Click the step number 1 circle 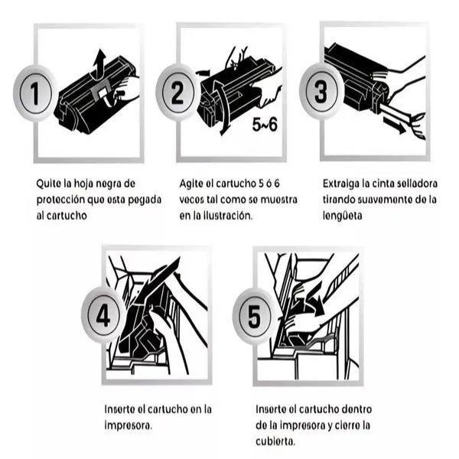[x=35, y=93]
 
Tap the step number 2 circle [x=177, y=93]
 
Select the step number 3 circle [x=321, y=92]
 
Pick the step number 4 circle [x=103, y=315]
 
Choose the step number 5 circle [x=255, y=317]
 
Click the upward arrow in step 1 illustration [x=99, y=63]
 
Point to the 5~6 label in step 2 [x=265, y=125]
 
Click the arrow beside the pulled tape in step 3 [x=395, y=125]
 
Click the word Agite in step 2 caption [x=190, y=184]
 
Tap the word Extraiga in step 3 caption [x=340, y=184]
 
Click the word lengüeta [x=342, y=216]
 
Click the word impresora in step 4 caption [x=129, y=425]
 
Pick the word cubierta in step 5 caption [x=275, y=441]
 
